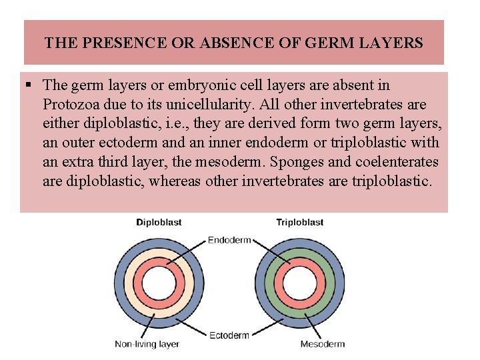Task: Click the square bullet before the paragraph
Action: coord(31,85)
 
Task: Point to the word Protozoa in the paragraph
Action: coord(72,105)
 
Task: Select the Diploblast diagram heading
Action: coord(159,222)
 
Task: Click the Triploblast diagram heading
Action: coord(300,222)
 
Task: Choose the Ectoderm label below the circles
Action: coord(229,335)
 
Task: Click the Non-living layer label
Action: coord(147,345)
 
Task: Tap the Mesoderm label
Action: coord(323,345)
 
